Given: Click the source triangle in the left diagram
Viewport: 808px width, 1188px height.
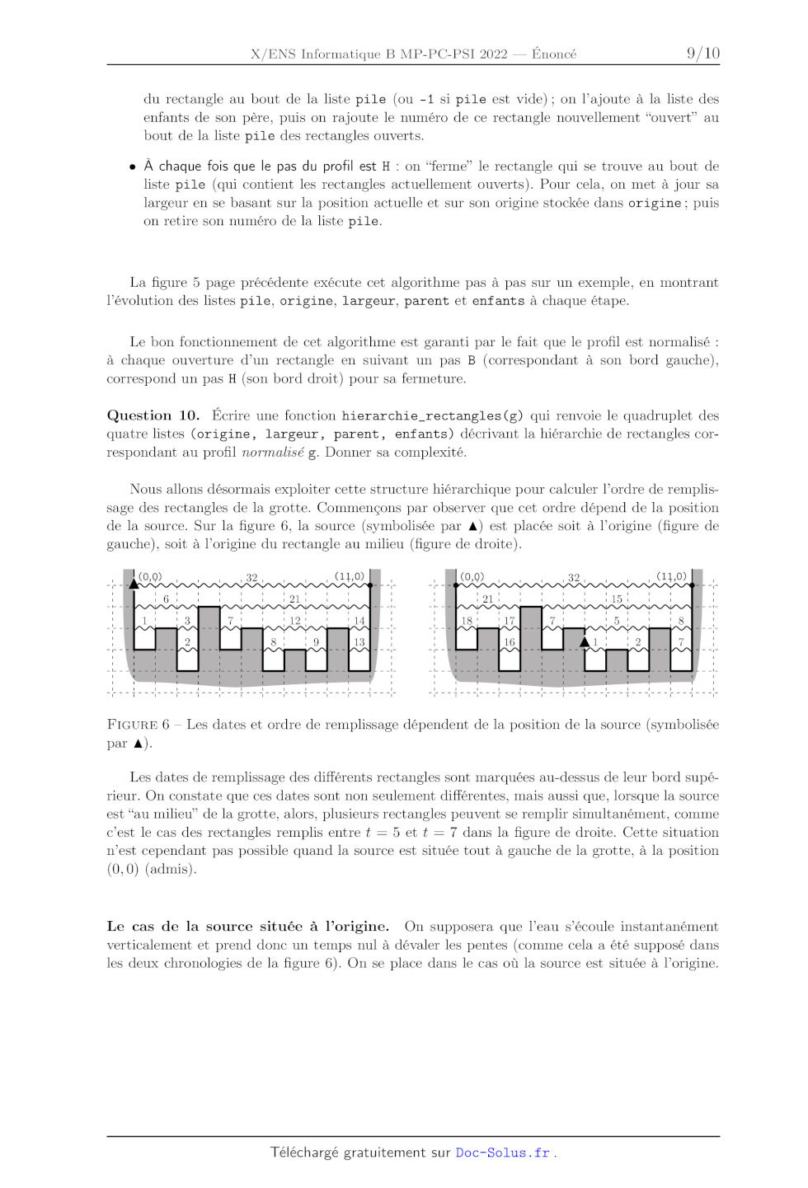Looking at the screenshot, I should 134,584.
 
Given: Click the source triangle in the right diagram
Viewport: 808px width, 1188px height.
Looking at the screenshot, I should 585,641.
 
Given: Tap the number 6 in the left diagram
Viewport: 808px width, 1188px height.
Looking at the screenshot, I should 166,599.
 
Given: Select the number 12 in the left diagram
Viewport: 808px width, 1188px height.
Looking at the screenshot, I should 294,621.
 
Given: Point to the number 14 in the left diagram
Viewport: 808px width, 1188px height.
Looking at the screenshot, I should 359,621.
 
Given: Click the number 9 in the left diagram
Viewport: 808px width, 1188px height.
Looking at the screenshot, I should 316,642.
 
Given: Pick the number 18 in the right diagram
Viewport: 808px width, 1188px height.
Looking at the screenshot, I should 467,621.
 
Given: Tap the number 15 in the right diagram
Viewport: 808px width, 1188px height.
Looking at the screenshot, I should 617,599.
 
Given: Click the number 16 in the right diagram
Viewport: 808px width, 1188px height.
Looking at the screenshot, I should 510,642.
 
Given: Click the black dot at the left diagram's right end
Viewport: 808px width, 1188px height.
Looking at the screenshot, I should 370,585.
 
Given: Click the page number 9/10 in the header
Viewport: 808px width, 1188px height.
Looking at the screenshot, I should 703,54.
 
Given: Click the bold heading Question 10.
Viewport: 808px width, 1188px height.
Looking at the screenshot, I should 153,416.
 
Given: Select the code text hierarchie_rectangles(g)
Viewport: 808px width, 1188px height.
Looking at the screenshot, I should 432,416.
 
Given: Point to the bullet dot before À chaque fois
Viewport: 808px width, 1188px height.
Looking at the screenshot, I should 133,167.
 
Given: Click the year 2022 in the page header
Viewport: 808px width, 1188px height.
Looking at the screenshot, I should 494,54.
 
